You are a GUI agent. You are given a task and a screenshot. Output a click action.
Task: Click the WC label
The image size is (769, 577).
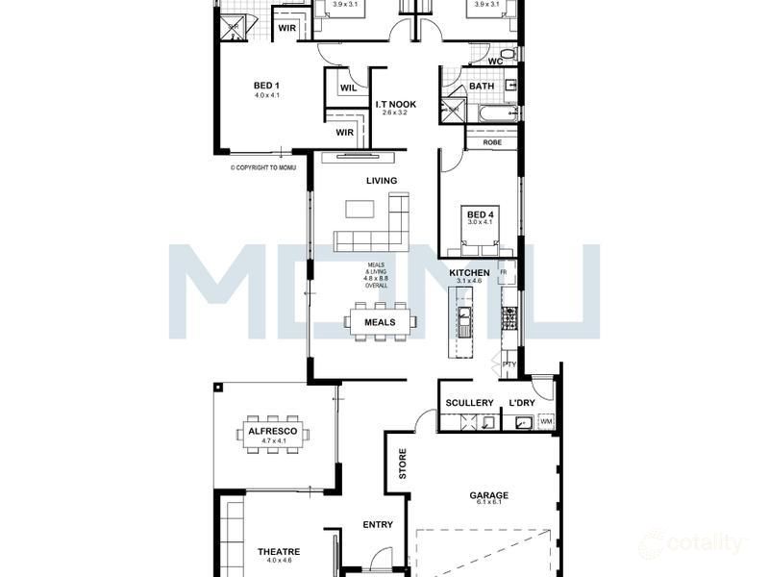(495, 62)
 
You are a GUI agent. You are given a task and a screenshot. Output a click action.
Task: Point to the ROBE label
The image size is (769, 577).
(491, 142)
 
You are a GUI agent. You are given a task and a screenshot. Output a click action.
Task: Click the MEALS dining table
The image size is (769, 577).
(382, 322)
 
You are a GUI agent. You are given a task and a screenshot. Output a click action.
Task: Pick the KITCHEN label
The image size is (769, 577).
(469, 273)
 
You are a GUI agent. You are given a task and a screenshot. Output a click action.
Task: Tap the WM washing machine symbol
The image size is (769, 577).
(546, 421)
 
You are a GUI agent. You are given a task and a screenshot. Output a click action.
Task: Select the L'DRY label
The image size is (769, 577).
(521, 403)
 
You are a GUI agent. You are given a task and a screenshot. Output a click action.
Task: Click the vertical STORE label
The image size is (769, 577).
(403, 464)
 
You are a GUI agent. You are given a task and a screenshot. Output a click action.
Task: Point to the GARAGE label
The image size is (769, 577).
(488, 496)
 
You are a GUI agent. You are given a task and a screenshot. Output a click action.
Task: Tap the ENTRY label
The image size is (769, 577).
(378, 525)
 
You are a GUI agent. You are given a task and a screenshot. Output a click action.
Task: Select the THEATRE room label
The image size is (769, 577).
(279, 552)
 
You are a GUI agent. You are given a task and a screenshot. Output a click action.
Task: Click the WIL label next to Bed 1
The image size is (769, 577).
(348, 88)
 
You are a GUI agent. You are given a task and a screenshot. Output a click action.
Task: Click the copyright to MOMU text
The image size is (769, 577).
(262, 167)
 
